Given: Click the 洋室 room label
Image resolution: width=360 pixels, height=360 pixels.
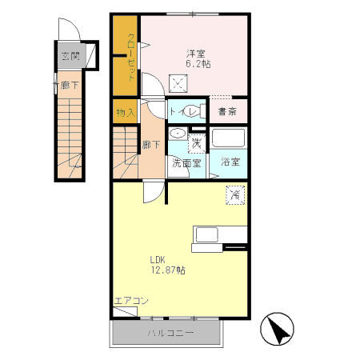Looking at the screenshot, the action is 196,54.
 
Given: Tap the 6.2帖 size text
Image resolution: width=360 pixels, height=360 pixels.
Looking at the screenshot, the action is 198,64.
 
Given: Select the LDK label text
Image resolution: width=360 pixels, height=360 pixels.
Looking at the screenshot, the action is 158,260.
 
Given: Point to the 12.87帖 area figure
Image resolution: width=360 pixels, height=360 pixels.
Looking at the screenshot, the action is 168,270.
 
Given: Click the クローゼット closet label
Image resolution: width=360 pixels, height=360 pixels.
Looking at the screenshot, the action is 131,57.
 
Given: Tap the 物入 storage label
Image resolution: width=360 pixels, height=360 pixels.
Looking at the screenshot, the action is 126,113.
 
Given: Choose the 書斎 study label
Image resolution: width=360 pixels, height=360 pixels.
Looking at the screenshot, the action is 227,112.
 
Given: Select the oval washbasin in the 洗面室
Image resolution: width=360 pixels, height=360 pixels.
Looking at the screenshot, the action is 178,134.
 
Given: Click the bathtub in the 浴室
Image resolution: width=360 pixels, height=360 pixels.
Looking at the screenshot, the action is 228,138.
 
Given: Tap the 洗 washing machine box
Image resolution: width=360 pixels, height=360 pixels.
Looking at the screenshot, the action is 197,144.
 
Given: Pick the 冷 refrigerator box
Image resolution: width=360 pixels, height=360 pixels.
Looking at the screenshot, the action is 235,195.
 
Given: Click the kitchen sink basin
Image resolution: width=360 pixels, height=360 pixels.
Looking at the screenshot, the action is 207,234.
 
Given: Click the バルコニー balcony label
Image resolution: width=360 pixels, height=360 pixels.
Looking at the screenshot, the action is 170,333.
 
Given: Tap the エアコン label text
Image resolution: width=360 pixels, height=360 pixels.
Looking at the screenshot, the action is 131,301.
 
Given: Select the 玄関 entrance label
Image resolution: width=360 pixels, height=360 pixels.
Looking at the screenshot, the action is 70,56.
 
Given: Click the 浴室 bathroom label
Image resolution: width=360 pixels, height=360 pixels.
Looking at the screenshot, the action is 230,162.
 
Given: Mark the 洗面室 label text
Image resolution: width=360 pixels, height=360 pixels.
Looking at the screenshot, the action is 186,163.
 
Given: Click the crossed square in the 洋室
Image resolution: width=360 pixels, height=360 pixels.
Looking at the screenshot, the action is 178,83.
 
